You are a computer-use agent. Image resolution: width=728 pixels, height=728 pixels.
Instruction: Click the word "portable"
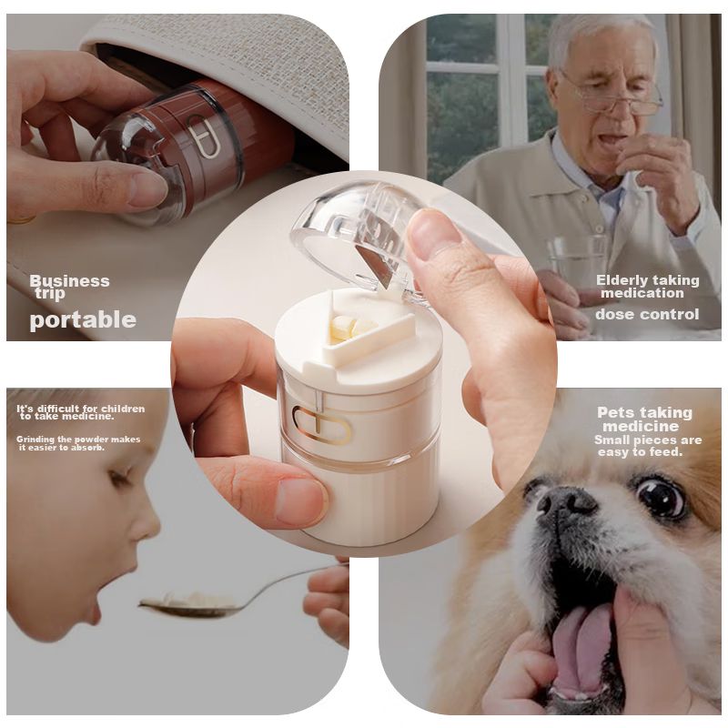pos(83,320)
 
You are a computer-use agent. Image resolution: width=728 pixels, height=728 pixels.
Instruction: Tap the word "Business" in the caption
pos(70,280)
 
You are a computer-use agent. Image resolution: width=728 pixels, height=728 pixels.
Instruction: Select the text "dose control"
pos(647,314)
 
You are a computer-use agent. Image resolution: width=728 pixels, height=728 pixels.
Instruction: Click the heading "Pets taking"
pos(644,412)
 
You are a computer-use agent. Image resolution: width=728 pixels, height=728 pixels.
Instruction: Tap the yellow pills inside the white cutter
pos(351,327)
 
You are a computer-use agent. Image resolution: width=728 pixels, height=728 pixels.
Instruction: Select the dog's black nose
pos(565,503)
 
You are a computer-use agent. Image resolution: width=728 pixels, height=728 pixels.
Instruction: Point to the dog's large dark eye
pos(662,499)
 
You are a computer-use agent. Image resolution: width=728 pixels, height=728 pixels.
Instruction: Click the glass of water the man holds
pos(575,265)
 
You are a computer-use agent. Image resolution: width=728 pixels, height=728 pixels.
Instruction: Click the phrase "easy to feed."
pos(641,451)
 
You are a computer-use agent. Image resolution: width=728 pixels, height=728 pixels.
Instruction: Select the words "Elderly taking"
pos(648,280)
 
